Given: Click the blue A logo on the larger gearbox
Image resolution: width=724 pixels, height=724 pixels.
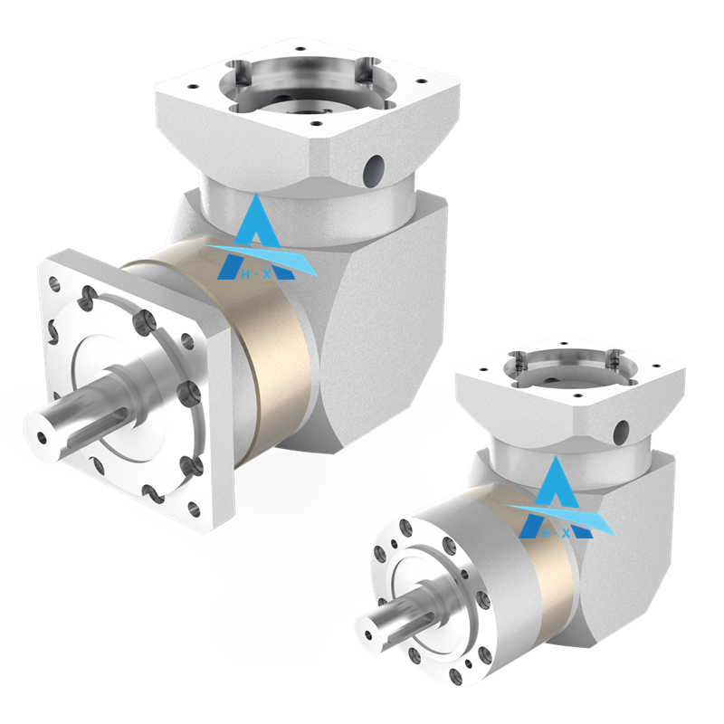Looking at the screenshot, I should click(256, 237).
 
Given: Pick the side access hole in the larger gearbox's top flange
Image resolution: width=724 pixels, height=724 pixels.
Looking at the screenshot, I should click(371, 167).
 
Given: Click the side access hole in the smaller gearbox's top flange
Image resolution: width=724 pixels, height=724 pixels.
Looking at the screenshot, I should click(621, 429).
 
